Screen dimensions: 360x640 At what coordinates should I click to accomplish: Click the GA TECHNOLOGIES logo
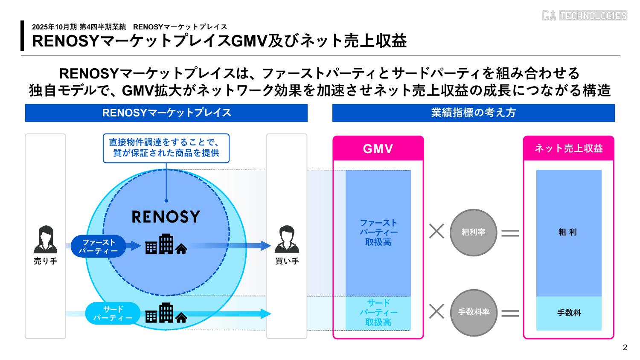tap(584, 16)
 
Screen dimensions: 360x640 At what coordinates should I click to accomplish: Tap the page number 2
tap(625, 348)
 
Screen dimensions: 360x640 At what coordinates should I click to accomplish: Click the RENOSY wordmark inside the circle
tap(166, 217)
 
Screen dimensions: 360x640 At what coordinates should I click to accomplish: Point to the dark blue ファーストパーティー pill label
tap(98, 247)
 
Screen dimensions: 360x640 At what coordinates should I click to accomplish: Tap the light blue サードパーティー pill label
tap(113, 314)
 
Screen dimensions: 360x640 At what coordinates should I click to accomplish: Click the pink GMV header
tap(378, 149)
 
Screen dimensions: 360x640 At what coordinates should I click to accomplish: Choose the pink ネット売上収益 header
tap(568, 148)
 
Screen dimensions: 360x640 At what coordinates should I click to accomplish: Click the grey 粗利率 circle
tap(474, 232)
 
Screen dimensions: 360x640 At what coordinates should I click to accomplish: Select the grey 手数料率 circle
tap(474, 312)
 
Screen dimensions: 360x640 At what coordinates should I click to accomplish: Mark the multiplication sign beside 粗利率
tap(436, 232)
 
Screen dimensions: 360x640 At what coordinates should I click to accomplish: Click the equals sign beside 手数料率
tap(510, 313)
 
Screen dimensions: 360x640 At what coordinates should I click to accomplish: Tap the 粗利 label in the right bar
tap(568, 232)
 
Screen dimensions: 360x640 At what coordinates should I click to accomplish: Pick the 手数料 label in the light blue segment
tap(569, 313)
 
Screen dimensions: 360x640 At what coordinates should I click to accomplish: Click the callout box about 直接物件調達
tap(166, 148)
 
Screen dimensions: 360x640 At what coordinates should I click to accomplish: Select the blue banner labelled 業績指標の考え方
tap(473, 113)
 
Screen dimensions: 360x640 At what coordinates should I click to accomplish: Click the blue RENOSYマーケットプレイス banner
tap(166, 113)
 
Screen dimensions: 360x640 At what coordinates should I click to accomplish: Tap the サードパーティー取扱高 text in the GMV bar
tap(378, 313)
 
